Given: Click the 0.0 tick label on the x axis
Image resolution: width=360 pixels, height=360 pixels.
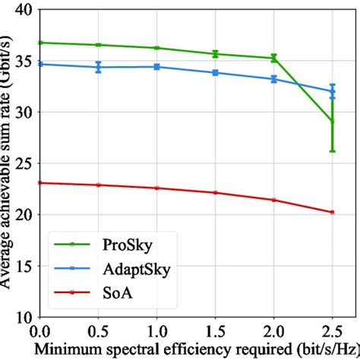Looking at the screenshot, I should point(39,332).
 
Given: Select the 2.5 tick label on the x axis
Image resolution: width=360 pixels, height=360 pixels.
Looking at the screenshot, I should point(332,332).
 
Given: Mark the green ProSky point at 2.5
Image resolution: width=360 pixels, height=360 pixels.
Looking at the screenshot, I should point(332,121).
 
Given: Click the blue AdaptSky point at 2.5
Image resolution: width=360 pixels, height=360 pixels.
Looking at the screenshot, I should point(332,91).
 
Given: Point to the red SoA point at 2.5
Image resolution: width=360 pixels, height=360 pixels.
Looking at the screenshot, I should point(332,212).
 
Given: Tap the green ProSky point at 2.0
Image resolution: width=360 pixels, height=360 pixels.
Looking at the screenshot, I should point(273,58).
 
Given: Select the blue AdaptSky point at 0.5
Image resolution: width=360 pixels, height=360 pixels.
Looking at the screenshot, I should point(98,67).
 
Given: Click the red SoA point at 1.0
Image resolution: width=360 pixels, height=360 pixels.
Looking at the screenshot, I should point(156,188).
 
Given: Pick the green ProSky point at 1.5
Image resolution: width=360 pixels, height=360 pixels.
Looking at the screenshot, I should point(215,53).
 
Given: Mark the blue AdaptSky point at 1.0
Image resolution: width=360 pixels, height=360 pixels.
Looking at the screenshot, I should point(156,66).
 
